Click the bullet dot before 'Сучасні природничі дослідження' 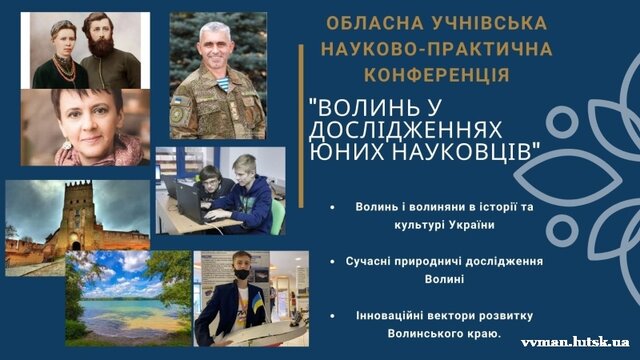click(331, 261)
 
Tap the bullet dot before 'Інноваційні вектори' click(331, 314)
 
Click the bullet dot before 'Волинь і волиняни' click(331, 207)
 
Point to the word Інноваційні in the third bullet click(389, 314)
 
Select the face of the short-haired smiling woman click(86, 117)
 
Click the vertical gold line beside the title click(301, 71)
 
